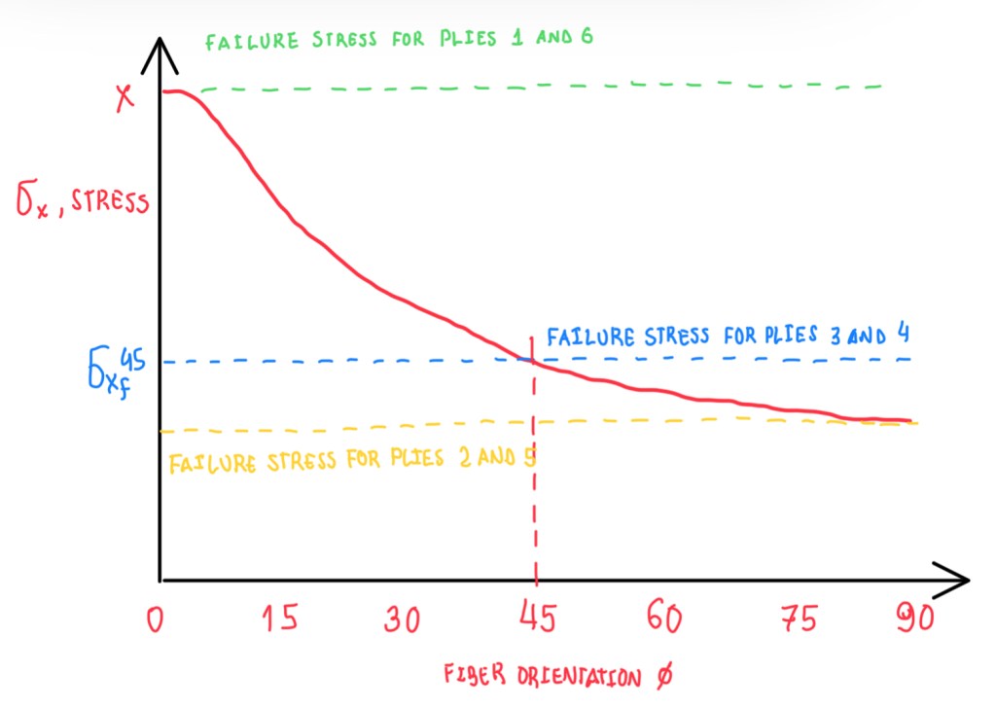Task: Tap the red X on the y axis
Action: pyautogui.click(x=124, y=97)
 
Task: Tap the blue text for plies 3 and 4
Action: pyautogui.click(x=728, y=337)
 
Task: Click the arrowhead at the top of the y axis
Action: pyautogui.click(x=159, y=55)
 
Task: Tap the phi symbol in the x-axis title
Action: pyautogui.click(x=662, y=676)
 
